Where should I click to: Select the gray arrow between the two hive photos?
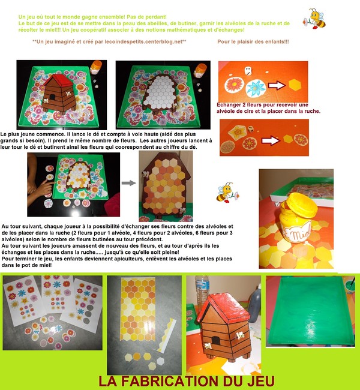[127, 183]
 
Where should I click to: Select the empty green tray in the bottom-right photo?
[309, 312]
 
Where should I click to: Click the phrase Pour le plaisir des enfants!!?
[253, 41]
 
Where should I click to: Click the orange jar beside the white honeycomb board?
[200, 71]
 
